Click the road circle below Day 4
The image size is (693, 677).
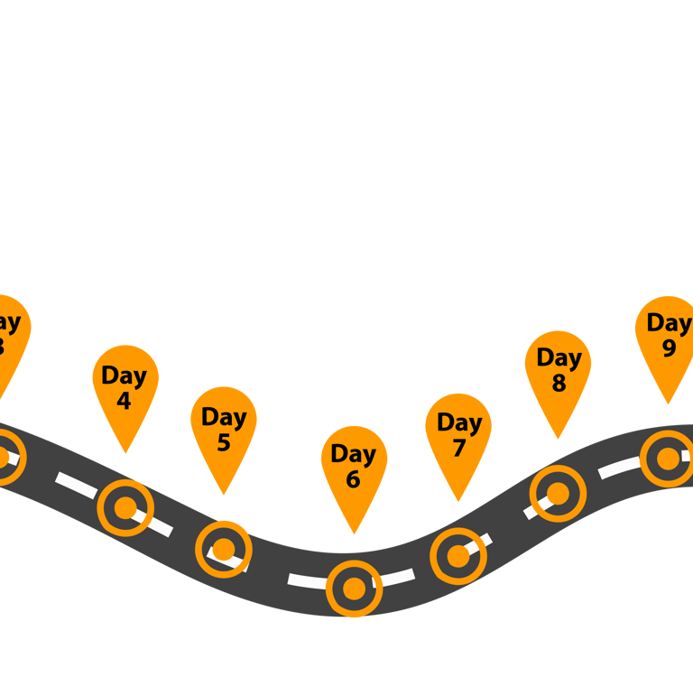[x=125, y=508]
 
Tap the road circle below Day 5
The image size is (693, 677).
[x=224, y=549]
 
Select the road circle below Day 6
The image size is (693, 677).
[x=354, y=589]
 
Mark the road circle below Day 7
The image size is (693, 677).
[x=458, y=556]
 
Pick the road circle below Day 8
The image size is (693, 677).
[x=558, y=494]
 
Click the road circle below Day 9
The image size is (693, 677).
[x=668, y=459]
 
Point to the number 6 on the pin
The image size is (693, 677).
[x=353, y=479]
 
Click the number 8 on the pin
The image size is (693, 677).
[x=559, y=383]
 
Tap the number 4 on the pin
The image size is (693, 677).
[x=125, y=400]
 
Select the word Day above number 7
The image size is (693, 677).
[x=459, y=422]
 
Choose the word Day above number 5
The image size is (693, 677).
[x=224, y=417]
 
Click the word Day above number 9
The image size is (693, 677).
[x=669, y=322]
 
